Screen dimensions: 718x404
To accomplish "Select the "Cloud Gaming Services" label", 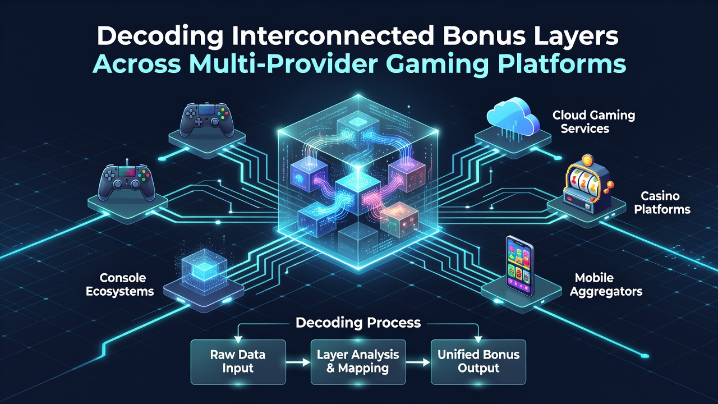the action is click(x=593, y=122).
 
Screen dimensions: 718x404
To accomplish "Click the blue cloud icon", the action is click(x=513, y=116).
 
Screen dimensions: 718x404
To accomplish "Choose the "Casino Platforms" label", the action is click(x=662, y=203).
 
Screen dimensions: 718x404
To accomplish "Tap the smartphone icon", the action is click(x=519, y=266).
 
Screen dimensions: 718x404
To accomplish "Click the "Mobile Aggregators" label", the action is click(x=606, y=284).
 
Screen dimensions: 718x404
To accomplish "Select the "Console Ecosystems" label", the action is click(x=120, y=284).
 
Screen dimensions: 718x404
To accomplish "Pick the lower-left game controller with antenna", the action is click(x=126, y=181).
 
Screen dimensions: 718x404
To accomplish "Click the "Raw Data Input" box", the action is click(x=238, y=362).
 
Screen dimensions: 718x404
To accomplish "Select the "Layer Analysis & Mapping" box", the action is click(x=358, y=362).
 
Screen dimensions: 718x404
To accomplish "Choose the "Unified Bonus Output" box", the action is click(x=478, y=362).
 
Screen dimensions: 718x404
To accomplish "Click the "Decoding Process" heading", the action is click(x=358, y=323).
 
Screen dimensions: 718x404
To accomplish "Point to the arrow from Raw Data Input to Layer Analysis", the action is click(x=298, y=362).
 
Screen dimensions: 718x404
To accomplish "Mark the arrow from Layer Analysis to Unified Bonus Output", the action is click(x=418, y=362).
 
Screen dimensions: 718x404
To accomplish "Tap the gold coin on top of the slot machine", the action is click(x=587, y=160).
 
